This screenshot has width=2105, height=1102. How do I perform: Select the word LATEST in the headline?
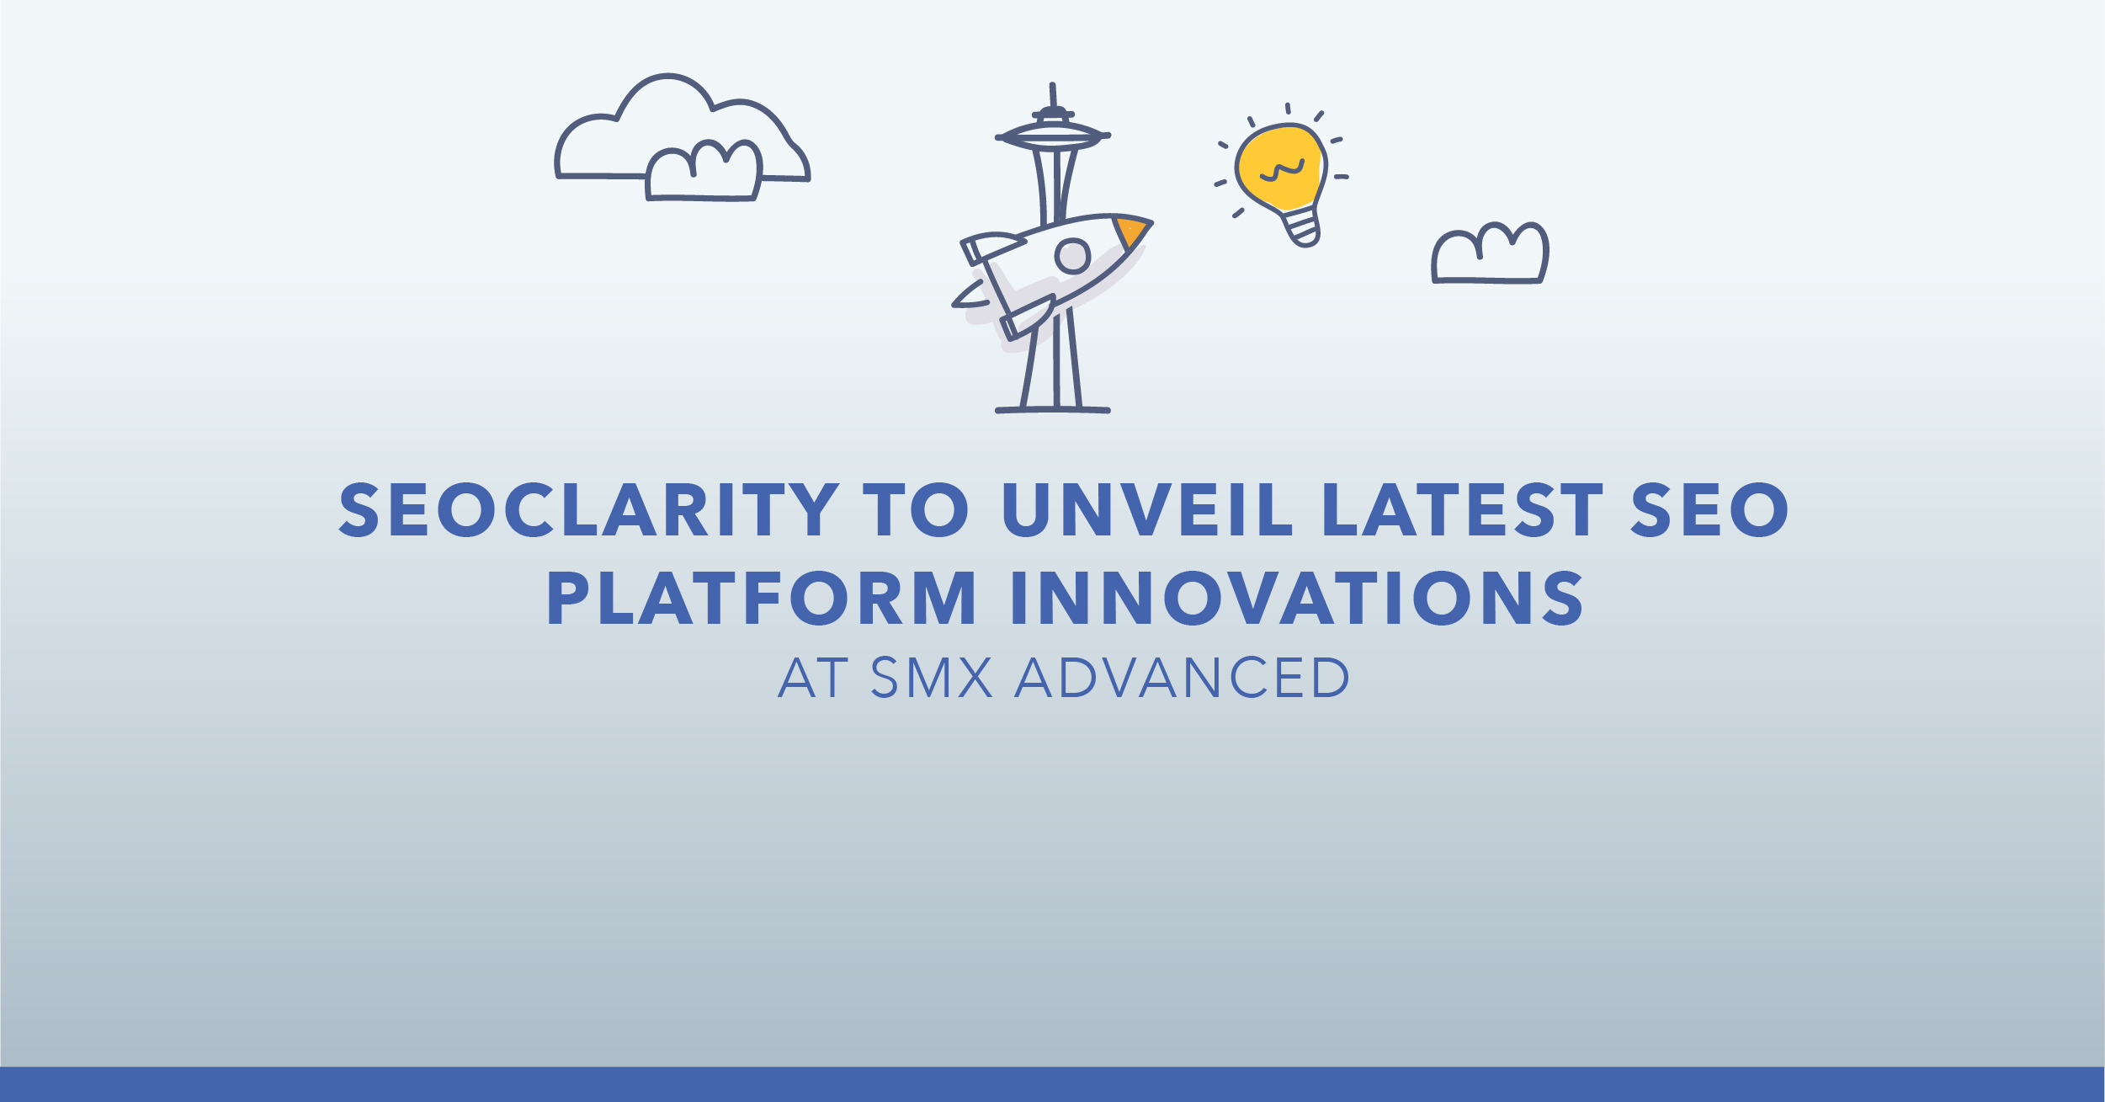1463,510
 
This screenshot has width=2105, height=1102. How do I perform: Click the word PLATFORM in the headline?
762,599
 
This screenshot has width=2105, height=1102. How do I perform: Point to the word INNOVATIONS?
1297,599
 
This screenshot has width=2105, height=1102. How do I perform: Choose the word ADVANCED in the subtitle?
1182,678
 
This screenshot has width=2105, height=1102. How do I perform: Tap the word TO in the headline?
917,510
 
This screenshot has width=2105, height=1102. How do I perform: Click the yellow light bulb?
1281,177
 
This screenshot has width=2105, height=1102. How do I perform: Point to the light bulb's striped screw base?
1301,226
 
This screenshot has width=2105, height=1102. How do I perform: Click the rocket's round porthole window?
1073,255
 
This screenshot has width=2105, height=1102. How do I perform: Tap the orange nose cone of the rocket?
1131,232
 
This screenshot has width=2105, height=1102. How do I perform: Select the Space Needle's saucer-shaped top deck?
1053,136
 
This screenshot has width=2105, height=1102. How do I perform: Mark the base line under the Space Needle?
1053,410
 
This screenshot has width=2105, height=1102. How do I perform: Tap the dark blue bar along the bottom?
1052,1084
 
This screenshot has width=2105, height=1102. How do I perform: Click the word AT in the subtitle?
813,678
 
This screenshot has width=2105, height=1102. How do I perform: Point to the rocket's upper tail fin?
993,248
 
